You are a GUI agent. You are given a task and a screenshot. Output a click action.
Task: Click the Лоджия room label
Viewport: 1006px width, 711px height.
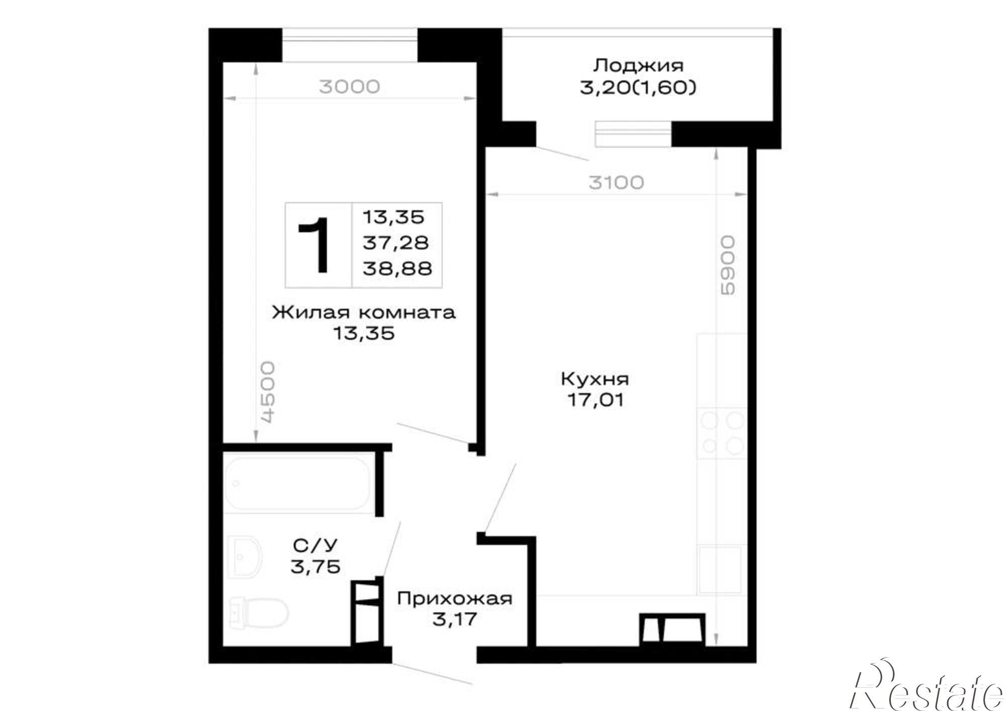click(638, 65)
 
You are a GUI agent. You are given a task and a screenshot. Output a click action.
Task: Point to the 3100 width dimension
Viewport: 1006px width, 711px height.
click(616, 183)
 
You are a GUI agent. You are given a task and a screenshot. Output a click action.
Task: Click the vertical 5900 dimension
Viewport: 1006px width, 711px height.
click(728, 265)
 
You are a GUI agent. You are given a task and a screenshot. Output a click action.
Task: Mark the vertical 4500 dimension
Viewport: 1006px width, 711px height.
click(268, 392)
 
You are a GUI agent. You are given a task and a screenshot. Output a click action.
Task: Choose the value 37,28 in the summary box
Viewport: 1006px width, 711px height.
click(396, 243)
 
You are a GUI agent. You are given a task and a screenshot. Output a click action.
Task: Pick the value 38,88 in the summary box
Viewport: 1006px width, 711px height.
click(397, 269)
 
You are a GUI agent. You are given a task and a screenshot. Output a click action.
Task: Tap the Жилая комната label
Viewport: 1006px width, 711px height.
click(364, 312)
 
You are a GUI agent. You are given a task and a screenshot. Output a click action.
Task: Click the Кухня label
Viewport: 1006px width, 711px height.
click(595, 379)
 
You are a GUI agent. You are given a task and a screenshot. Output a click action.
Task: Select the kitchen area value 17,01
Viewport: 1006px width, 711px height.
click(596, 400)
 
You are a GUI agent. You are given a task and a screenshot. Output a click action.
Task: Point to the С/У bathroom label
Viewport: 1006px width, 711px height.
click(315, 545)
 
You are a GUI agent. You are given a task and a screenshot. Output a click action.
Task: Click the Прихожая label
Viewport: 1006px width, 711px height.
click(455, 599)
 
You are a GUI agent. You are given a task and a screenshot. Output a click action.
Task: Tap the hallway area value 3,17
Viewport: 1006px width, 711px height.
click(455, 619)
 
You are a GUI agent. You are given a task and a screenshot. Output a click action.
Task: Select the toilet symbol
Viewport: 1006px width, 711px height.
click(259, 612)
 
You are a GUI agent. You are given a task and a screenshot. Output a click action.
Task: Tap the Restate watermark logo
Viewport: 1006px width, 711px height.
click(926, 690)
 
